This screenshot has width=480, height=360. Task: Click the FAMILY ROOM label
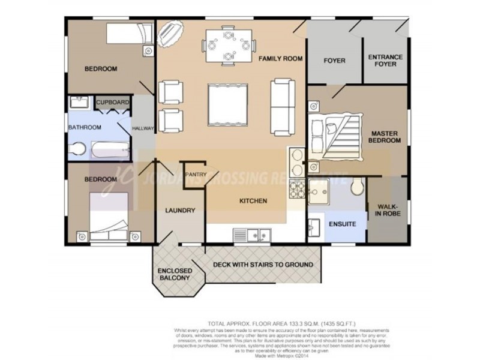pyautogui.click(x=280, y=59)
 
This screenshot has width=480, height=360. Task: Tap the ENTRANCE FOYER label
pyautogui.click(x=385, y=60)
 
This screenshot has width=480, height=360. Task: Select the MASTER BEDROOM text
pyautogui.click(x=385, y=136)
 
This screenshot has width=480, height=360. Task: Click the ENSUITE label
pyautogui.click(x=343, y=224)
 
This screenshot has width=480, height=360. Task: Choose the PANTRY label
pyautogui.click(x=196, y=175)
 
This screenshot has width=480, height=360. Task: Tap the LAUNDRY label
pyautogui.click(x=180, y=211)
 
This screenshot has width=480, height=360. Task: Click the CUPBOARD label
pyautogui.click(x=113, y=103)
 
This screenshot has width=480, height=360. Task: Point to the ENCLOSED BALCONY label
pyautogui.click(x=174, y=274)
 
